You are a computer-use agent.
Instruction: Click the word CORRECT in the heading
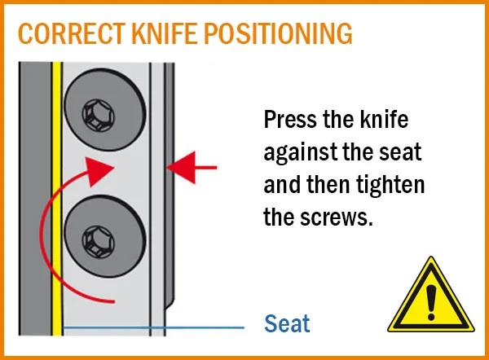(x=72, y=33)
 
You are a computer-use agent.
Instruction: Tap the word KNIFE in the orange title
(x=165, y=33)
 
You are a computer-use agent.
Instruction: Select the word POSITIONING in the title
(x=278, y=33)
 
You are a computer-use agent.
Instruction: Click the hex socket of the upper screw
(x=99, y=116)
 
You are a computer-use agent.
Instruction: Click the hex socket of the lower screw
(x=99, y=242)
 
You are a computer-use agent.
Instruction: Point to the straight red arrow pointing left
(x=192, y=168)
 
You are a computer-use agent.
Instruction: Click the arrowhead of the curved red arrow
(x=99, y=171)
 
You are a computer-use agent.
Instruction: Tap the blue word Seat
(x=287, y=323)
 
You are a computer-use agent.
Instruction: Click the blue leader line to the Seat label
(x=153, y=327)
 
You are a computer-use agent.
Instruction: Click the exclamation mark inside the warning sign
(x=431, y=302)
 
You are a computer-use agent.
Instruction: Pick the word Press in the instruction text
(x=290, y=120)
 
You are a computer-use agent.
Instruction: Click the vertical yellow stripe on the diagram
(x=57, y=199)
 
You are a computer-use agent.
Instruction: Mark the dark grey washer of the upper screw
(x=105, y=110)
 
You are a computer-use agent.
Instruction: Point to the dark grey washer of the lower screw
(x=105, y=236)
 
